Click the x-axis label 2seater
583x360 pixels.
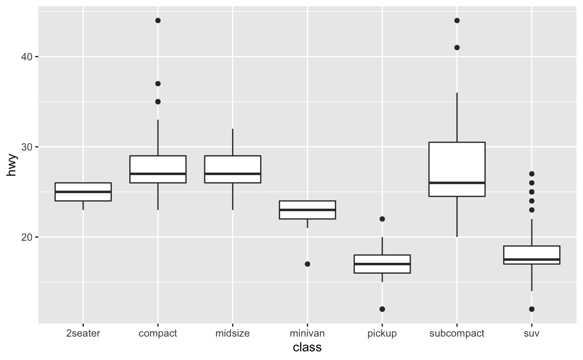[83, 334]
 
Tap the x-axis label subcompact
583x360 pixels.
[457, 334]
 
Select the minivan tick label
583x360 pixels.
[307, 334]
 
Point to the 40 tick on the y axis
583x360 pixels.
[27, 57]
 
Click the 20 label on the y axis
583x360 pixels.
[27, 237]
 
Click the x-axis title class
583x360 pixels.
[307, 347]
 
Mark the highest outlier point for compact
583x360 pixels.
[158, 20]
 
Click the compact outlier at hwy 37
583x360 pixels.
[158, 84]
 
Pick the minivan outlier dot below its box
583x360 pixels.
[307, 264]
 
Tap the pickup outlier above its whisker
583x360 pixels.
[382, 219]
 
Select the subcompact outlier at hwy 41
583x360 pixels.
[457, 48]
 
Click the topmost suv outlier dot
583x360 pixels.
[532, 174]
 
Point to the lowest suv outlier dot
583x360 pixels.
[532, 309]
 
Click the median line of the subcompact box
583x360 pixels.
[457, 183]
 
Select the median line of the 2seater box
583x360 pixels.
[83, 192]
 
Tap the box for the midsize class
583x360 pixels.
[233, 165]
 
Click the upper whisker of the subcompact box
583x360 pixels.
[457, 117]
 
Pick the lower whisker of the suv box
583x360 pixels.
[532, 278]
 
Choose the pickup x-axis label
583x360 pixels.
[382, 334]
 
